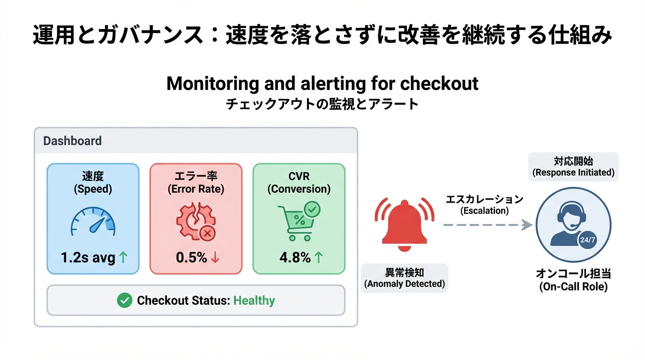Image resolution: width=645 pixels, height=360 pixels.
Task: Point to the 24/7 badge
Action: click(x=587, y=240)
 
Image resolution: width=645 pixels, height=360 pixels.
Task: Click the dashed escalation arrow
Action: click(x=487, y=225)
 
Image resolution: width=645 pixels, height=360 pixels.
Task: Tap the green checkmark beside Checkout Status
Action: click(x=124, y=300)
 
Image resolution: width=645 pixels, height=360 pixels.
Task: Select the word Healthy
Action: click(x=254, y=300)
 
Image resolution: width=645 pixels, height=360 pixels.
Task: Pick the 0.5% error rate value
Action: click(x=191, y=257)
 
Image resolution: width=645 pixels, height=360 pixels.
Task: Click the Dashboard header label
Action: click(x=72, y=141)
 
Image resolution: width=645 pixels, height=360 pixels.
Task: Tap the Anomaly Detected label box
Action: click(x=404, y=278)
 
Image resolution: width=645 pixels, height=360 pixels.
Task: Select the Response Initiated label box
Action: click(x=573, y=166)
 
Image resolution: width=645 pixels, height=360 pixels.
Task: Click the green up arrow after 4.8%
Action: click(x=318, y=257)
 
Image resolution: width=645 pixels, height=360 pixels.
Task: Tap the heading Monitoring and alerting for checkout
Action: click(x=322, y=84)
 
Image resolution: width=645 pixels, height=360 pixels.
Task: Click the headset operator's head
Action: click(x=569, y=215)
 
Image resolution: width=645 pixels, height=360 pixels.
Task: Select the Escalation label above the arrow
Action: click(x=484, y=205)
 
